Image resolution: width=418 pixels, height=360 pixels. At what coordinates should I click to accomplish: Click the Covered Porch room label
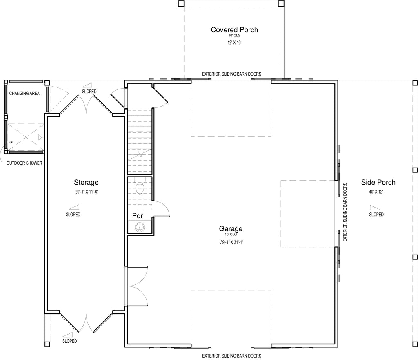point(234,29)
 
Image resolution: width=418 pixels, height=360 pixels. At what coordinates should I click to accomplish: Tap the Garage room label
point(231,229)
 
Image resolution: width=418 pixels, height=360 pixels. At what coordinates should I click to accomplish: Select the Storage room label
point(86,182)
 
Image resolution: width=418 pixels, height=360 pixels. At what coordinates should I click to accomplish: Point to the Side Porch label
point(378,182)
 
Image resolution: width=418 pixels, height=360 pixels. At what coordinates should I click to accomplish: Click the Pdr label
point(138,216)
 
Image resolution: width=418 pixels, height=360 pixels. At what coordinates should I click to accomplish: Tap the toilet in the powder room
point(140,186)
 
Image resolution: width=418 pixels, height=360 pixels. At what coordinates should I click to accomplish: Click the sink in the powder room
point(140,227)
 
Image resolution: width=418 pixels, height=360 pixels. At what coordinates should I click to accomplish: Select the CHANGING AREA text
point(24,94)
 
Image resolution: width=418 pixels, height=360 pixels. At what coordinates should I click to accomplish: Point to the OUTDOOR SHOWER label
point(24,163)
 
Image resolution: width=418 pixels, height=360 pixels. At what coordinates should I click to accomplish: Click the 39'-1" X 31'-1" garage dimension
point(231,242)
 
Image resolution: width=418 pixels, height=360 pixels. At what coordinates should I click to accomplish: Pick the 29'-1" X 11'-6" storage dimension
point(87,192)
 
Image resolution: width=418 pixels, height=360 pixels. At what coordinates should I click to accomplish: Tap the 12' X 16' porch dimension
point(234,42)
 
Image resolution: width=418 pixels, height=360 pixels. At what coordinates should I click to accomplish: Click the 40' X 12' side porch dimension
point(376,192)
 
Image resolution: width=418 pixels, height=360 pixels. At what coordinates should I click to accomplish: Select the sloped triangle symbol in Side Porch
point(375,207)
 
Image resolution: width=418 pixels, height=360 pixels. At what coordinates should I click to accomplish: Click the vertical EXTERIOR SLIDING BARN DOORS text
point(345,212)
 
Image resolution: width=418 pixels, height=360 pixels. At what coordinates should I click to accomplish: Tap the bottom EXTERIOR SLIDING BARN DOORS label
point(232,356)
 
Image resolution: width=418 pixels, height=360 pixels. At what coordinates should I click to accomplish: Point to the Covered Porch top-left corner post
point(181,3)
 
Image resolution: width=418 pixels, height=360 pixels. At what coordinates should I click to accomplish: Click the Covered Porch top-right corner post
point(281,3)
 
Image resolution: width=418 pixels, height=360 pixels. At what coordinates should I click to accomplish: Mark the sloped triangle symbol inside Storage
point(74,207)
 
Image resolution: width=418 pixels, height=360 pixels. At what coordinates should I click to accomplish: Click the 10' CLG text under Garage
point(231,234)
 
